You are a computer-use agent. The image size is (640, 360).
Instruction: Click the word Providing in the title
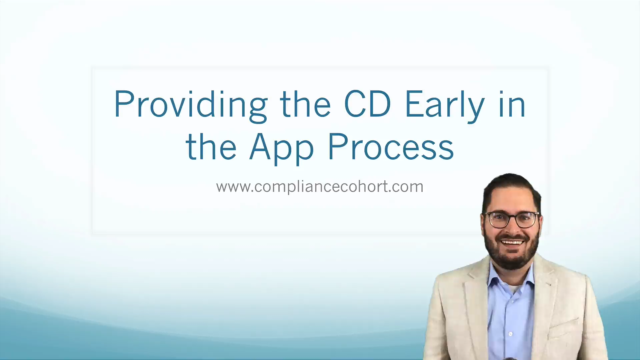click(190, 104)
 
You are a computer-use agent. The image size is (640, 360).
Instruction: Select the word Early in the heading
click(445, 104)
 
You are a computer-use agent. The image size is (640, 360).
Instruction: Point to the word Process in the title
click(391, 147)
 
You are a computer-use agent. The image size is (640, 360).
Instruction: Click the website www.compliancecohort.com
click(319, 186)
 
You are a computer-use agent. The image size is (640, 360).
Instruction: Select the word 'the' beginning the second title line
click(211, 147)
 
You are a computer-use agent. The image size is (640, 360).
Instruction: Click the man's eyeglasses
click(512, 220)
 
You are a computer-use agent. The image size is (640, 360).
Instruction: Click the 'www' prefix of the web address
click(232, 187)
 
